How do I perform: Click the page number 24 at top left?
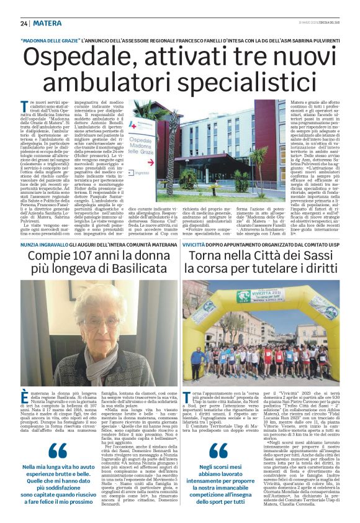(24, 23)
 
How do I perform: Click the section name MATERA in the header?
(48, 23)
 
